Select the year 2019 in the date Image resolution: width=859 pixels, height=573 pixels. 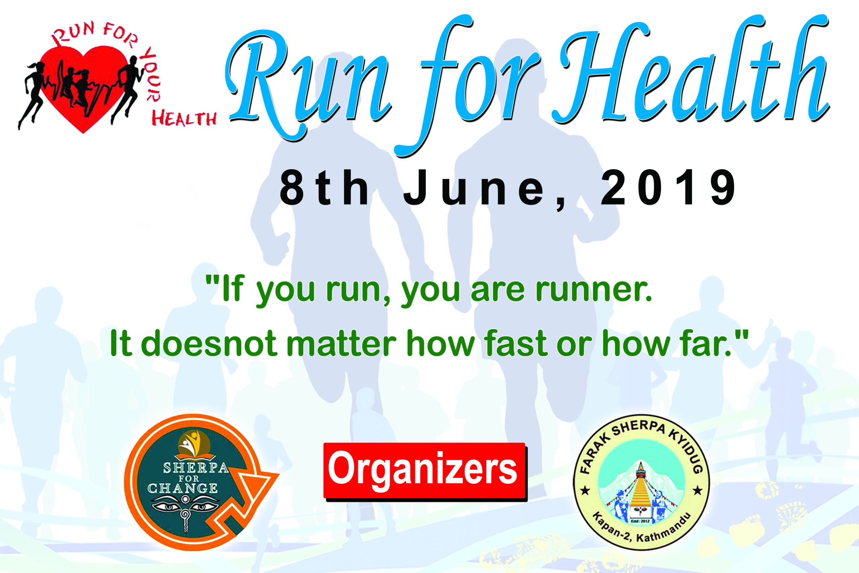[668, 188]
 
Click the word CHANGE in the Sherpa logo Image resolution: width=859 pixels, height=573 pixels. [183, 488]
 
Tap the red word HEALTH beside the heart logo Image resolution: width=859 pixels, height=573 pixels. [184, 119]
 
